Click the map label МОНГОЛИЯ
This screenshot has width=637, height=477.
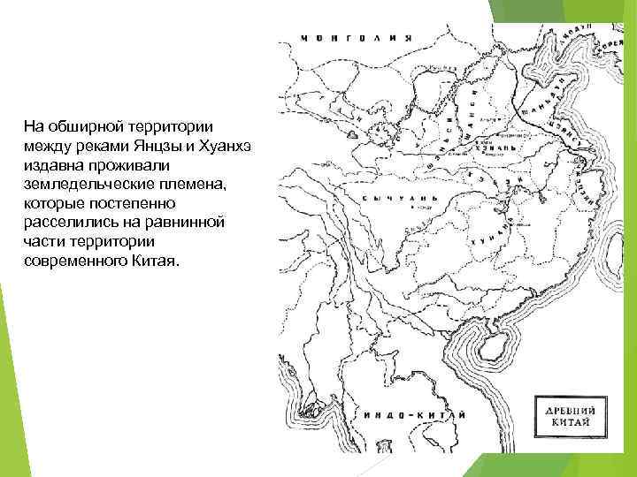pos(357,38)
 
